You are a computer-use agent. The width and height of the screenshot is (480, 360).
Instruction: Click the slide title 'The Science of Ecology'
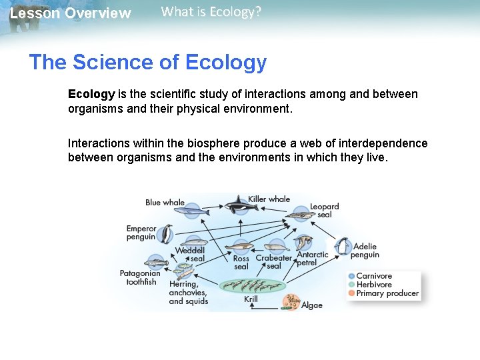[147, 63]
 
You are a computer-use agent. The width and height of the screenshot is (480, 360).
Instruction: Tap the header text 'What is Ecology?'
[211, 12]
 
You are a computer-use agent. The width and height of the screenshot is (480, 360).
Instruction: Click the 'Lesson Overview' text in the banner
[71, 13]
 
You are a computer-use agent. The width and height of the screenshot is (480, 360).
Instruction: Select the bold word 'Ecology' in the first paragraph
[91, 94]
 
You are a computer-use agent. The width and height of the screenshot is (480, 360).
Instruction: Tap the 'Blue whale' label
[165, 202]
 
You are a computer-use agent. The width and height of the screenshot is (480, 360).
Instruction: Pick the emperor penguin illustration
[165, 234]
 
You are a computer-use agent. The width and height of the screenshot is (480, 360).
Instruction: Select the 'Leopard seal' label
[325, 211]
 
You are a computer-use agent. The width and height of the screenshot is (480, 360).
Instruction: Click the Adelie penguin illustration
[343, 247]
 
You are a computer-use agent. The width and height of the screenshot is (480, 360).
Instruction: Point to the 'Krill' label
[251, 300]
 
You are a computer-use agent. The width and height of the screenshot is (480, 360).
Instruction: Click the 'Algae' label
[311, 305]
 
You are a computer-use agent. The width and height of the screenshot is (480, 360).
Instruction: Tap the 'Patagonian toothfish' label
[140, 277]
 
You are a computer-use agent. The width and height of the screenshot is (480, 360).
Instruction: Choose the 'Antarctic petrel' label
[312, 259]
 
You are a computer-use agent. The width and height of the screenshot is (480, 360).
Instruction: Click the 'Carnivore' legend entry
[373, 276]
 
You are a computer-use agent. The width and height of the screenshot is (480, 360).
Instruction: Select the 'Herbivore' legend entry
[373, 285]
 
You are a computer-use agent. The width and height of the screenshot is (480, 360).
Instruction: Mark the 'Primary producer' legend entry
[387, 293]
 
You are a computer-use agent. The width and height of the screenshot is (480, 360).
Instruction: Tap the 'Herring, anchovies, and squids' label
[188, 293]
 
